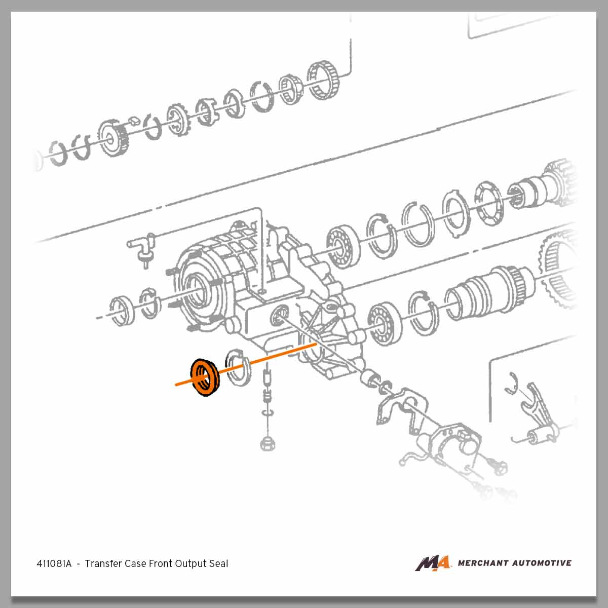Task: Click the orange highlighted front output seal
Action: [x=205, y=377]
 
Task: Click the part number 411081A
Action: [x=54, y=563]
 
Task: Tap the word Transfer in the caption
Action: [x=102, y=563]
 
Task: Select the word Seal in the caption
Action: [x=219, y=563]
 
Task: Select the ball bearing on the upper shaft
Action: [x=343, y=246]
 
